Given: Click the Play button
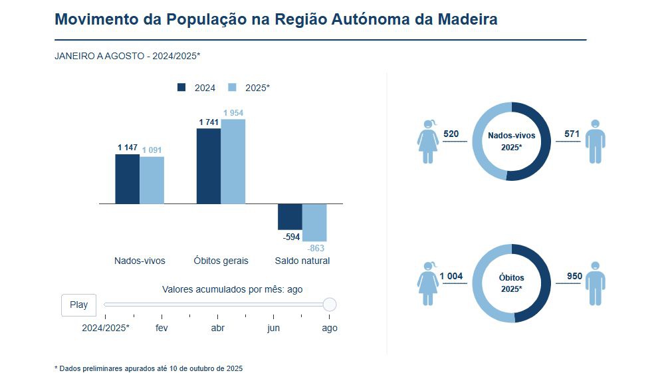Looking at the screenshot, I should pyautogui.click(x=78, y=305).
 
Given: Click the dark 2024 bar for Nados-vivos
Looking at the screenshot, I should pyautogui.click(x=128, y=179).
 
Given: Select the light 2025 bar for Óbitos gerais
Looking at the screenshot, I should pyautogui.click(x=233, y=162).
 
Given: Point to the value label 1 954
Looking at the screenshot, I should pyautogui.click(x=233, y=113).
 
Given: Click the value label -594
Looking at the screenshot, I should pyautogui.click(x=290, y=237).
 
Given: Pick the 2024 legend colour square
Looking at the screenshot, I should pyautogui.click(x=181, y=87).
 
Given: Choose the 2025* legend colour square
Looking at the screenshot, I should pyautogui.click(x=233, y=87).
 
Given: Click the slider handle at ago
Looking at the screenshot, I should pyautogui.click(x=330, y=305).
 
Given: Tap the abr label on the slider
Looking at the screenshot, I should pyautogui.click(x=217, y=328).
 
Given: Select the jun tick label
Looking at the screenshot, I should pyautogui.click(x=273, y=328).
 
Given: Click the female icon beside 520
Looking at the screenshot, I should pyautogui.click(x=428, y=142).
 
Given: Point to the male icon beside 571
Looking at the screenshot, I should pyautogui.click(x=596, y=142).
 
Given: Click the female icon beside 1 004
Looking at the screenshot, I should pyautogui.click(x=428, y=283).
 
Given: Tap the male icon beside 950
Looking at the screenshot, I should pyautogui.click(x=596, y=283).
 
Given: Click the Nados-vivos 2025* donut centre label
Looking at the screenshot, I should pyautogui.click(x=511, y=140).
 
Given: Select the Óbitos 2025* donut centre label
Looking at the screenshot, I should pyautogui.click(x=511, y=283).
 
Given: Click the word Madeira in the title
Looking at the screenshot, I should pyautogui.click(x=467, y=19).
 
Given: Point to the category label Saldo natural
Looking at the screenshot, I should pyautogui.click(x=302, y=261).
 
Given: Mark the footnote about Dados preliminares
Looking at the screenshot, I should pyautogui.click(x=149, y=368).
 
